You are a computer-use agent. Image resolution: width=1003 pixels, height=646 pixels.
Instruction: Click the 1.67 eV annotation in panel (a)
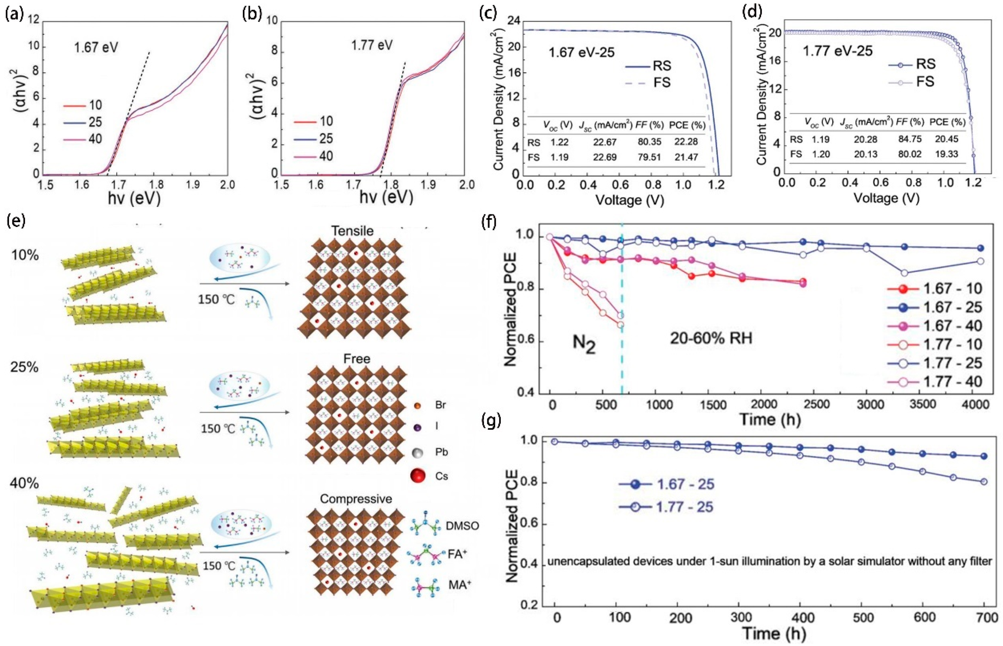click(x=96, y=48)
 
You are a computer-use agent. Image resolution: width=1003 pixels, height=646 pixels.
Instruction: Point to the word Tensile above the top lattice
click(x=353, y=231)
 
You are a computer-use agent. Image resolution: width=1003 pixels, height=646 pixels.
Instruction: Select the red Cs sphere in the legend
click(x=418, y=476)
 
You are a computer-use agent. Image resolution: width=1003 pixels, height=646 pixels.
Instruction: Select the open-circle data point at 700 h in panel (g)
click(x=984, y=482)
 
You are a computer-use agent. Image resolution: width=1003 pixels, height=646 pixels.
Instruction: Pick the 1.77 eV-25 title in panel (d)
click(x=837, y=52)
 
